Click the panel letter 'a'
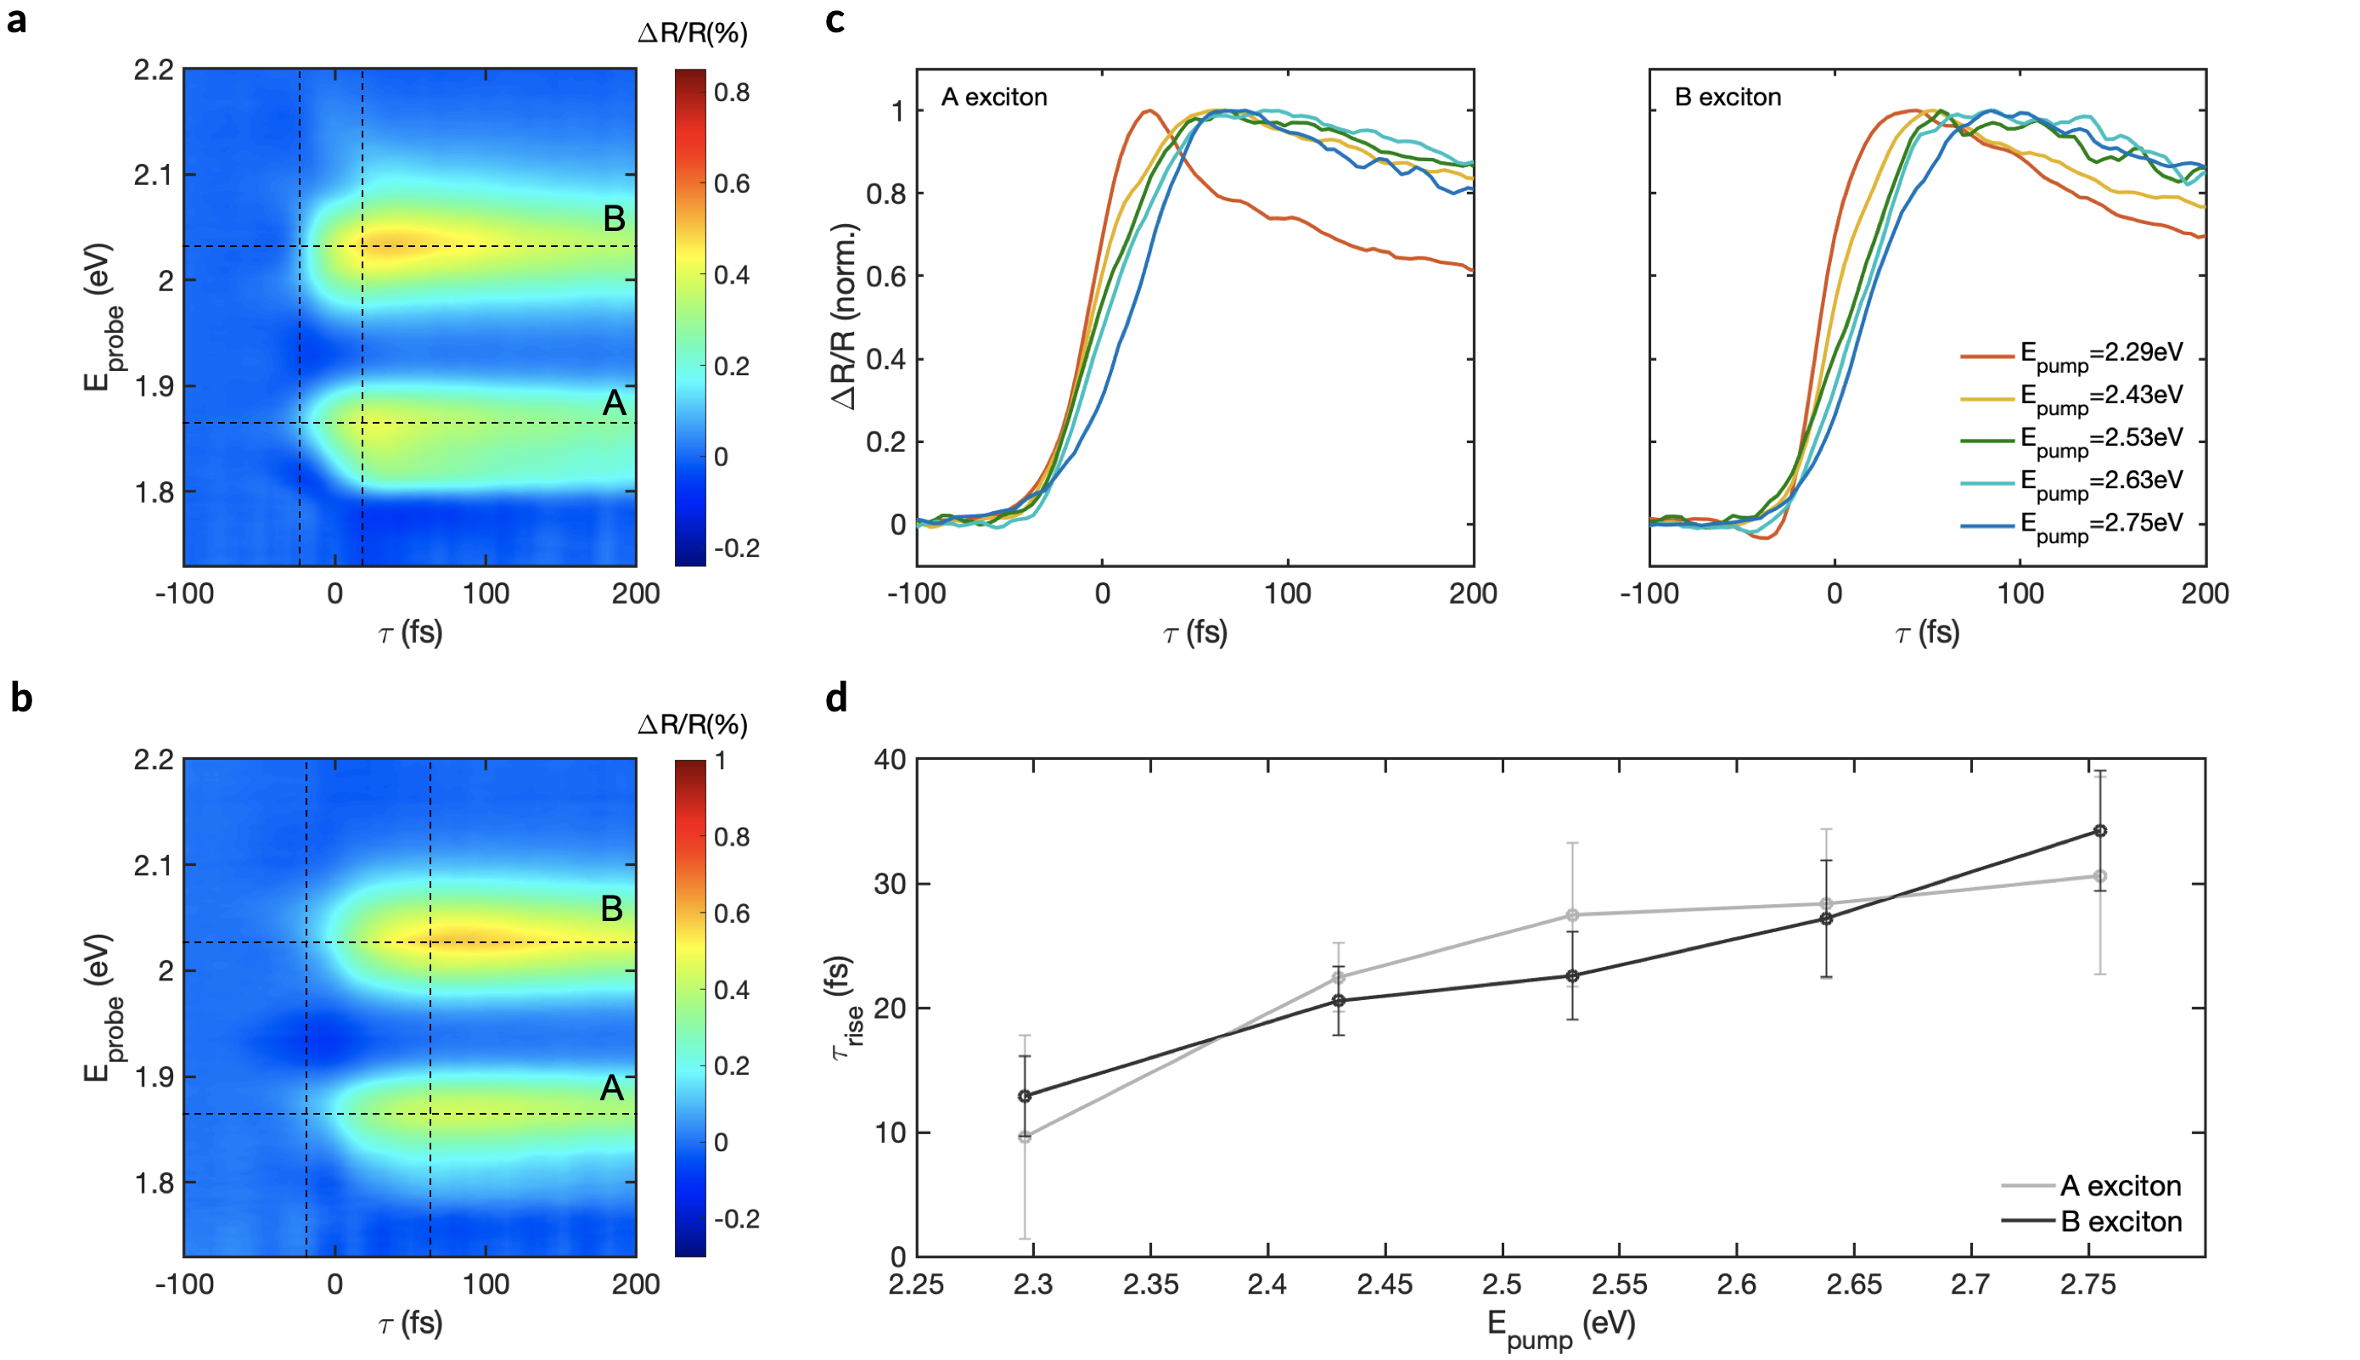pyautogui.click(x=16, y=20)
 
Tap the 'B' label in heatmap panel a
pyautogui.click(x=614, y=218)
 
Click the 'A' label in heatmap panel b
pyautogui.click(x=612, y=1088)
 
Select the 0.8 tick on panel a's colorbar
pyautogui.click(x=732, y=93)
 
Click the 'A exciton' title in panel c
pyautogui.click(x=994, y=97)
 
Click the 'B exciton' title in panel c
pyautogui.click(x=1727, y=97)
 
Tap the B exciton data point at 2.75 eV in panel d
pyautogui.click(x=2100, y=830)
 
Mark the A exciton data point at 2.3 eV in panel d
pyautogui.click(x=1025, y=1137)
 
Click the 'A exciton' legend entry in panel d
pyautogui.click(x=2120, y=1186)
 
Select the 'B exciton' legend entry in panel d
pyautogui.click(x=2120, y=1222)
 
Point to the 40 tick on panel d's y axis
pyautogui.click(x=890, y=761)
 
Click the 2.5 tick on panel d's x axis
pyautogui.click(x=1502, y=1285)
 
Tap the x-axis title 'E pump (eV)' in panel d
pyautogui.click(x=1561, y=1326)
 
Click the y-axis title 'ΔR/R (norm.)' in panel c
pyautogui.click(x=845, y=317)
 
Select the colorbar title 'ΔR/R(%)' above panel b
pyautogui.click(x=692, y=725)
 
